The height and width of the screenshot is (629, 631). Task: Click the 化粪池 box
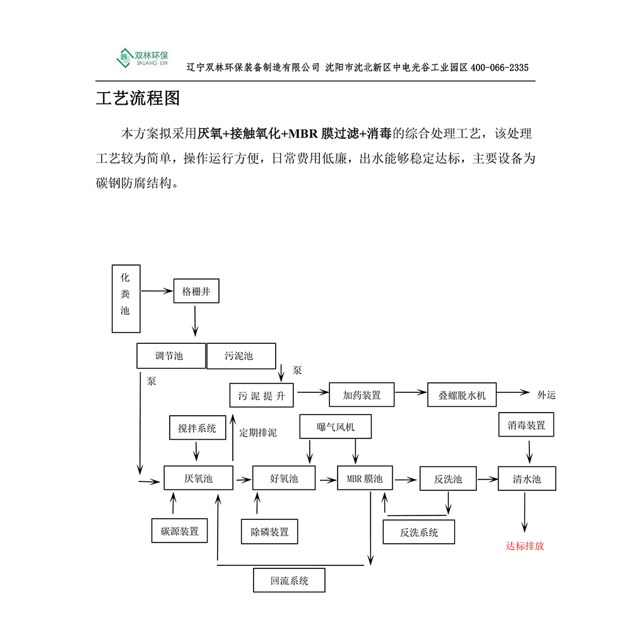126,298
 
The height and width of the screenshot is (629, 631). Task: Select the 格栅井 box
196,291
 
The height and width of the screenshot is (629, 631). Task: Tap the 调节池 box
170,356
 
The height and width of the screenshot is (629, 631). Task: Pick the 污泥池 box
240,356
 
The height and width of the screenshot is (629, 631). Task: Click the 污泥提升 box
262,395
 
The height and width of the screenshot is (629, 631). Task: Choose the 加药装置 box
362,395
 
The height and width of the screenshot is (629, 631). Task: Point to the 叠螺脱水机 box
462,395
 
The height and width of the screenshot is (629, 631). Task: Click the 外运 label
546,395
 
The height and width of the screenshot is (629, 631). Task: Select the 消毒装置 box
526,425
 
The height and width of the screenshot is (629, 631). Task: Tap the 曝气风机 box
335,426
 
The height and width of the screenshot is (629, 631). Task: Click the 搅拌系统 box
197,428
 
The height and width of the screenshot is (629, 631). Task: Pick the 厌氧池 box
198,478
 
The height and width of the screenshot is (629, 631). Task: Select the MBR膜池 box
365,478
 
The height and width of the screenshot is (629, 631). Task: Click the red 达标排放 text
524,546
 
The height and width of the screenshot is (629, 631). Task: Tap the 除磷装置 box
269,531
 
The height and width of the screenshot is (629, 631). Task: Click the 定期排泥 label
257,433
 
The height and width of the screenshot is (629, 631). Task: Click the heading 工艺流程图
138,99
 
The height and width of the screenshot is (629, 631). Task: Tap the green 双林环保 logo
142,58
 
